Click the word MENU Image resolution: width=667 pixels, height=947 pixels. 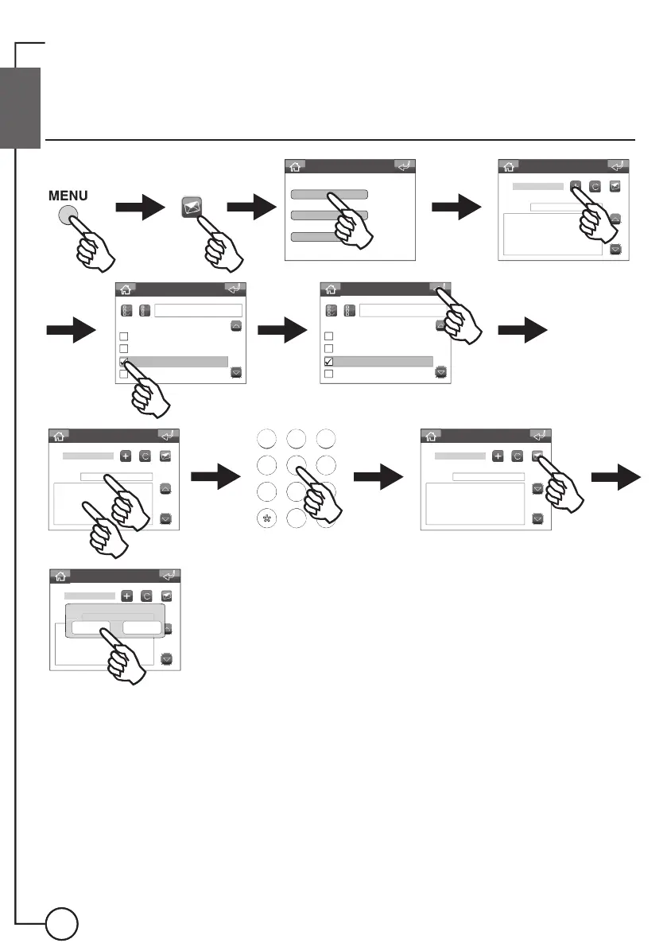click(x=69, y=195)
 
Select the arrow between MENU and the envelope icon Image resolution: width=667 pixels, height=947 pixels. click(x=140, y=208)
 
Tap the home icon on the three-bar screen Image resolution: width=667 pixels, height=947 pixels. click(x=295, y=167)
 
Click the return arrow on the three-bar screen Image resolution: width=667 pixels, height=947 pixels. click(x=405, y=166)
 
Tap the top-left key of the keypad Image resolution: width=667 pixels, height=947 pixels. click(x=267, y=438)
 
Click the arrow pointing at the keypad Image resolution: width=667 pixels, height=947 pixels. click(x=216, y=478)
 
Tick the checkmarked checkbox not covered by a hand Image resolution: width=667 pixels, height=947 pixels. click(x=328, y=362)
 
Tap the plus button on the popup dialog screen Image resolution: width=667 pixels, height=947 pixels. click(x=126, y=596)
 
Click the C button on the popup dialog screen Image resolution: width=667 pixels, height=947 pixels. click(x=145, y=596)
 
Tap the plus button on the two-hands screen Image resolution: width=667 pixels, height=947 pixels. click(x=126, y=456)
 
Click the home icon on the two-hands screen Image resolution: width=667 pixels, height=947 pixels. click(x=60, y=436)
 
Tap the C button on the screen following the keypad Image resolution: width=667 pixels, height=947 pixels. click(x=517, y=456)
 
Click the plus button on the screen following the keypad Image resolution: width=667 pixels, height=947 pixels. click(x=498, y=456)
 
